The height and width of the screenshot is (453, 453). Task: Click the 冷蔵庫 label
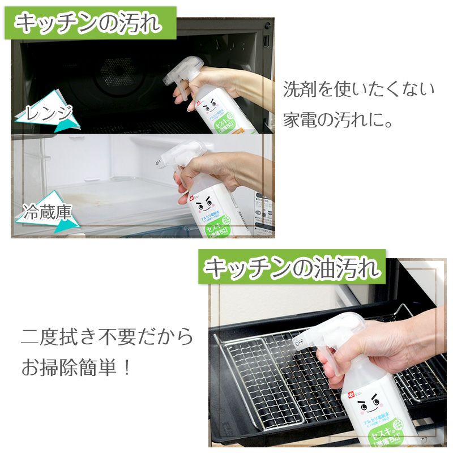click(x=48, y=213)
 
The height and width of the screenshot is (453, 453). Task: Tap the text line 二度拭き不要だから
click(x=107, y=337)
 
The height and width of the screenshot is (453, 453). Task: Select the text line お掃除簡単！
click(x=76, y=368)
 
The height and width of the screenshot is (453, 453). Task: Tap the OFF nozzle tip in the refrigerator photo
click(x=161, y=163)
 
